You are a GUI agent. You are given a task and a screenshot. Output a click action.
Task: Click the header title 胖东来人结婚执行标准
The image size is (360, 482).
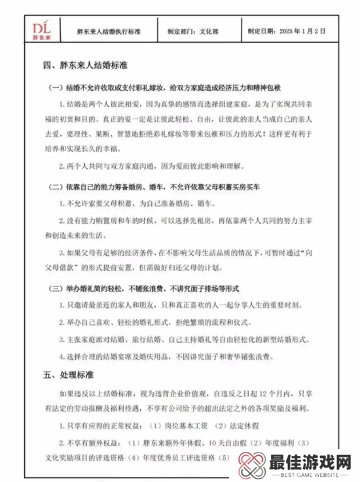point(109,31)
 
